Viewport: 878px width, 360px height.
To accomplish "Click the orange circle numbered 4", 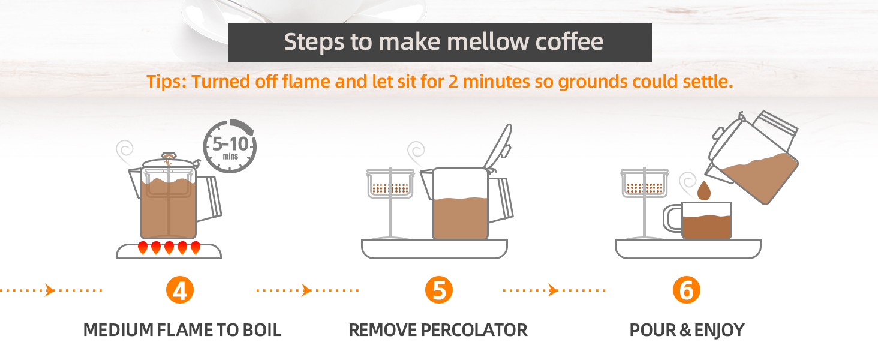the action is pos(180,290).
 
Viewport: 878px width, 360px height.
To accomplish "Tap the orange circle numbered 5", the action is pos(439,290).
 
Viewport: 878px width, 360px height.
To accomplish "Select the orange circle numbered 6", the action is pos(686,290).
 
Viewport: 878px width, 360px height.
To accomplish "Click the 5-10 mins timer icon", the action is pos(230,146).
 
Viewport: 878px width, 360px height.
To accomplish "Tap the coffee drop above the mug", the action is pos(704,191).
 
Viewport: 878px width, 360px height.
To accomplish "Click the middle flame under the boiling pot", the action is pos(169,248).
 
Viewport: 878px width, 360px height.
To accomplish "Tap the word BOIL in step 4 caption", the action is pos(262,330).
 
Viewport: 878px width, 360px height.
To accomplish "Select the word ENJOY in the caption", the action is pos(719,330).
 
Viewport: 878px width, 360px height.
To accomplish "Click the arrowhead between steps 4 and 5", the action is pos(306,290).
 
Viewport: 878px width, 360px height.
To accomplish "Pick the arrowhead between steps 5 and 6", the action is pos(553,290).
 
